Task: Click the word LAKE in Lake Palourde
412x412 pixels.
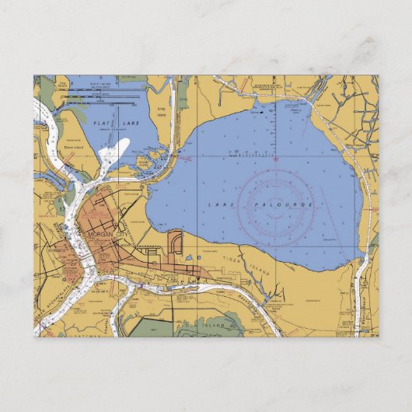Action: (220, 204)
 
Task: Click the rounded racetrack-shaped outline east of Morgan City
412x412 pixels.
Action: (175, 244)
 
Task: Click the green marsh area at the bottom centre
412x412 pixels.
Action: (206, 326)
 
